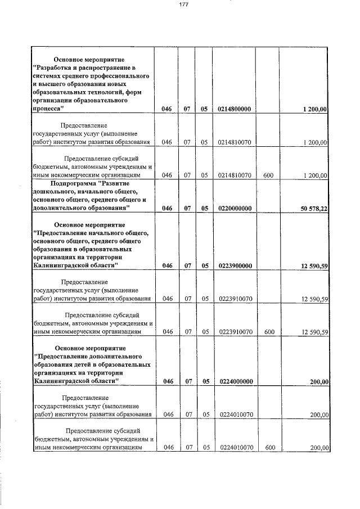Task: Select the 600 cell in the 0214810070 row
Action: [268, 175]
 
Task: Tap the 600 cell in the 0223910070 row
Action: [269, 332]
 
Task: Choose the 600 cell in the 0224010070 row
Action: [269, 448]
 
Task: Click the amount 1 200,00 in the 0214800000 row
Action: [314, 109]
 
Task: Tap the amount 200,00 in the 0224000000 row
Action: [319, 382]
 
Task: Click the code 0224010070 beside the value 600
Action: [235, 448]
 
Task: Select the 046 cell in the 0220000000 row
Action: [166, 209]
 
